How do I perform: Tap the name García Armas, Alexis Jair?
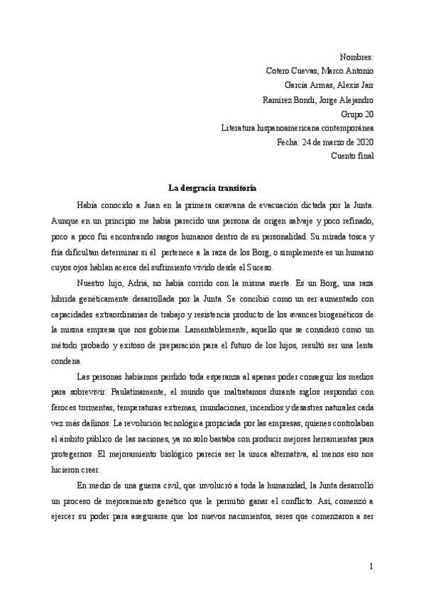330,85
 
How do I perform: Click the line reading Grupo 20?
357,114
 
